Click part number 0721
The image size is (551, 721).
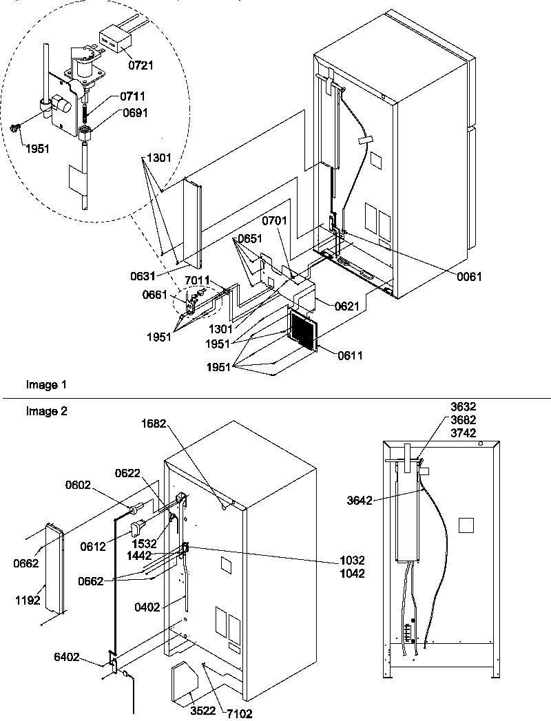(140, 65)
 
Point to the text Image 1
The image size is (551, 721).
(43, 385)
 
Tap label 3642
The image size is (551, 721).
(360, 501)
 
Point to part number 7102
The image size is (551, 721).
(238, 713)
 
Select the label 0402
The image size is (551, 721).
(147, 607)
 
